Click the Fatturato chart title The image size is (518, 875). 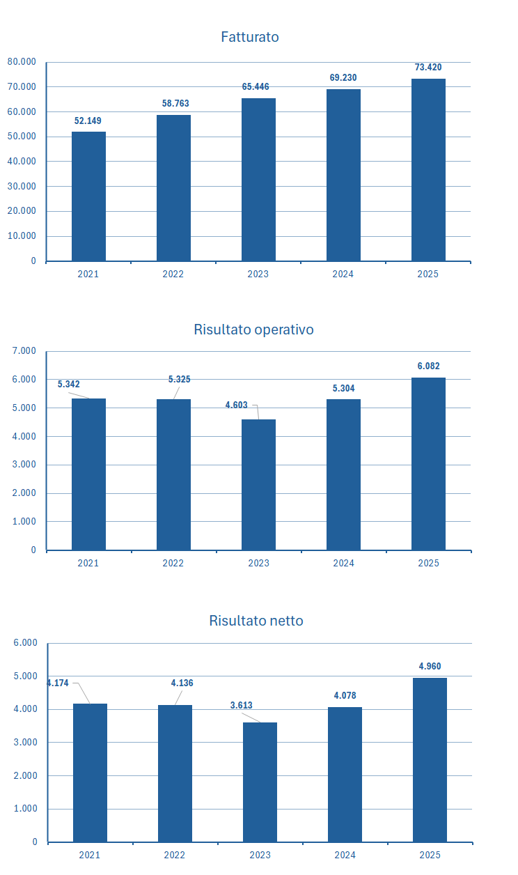click(249, 37)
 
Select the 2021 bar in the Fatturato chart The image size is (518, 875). click(88, 196)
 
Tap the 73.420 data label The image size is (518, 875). click(428, 68)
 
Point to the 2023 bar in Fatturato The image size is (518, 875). click(258, 180)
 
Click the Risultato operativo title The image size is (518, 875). click(253, 330)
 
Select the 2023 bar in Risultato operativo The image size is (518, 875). click(258, 484)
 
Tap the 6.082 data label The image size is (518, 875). click(428, 366)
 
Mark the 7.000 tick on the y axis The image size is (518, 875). click(24, 351)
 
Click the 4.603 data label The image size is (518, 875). click(237, 405)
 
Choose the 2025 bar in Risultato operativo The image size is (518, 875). click(428, 463)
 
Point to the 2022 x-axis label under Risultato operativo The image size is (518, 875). click(173, 563)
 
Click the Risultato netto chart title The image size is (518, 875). click(256, 621)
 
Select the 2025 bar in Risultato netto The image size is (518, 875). click(430, 759)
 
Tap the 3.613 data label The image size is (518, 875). click(242, 706)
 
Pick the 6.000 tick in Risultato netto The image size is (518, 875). click(25, 643)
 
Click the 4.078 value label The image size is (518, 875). click(345, 696)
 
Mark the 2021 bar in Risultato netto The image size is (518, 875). click(90, 773)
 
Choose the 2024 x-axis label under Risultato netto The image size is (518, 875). click(345, 855)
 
